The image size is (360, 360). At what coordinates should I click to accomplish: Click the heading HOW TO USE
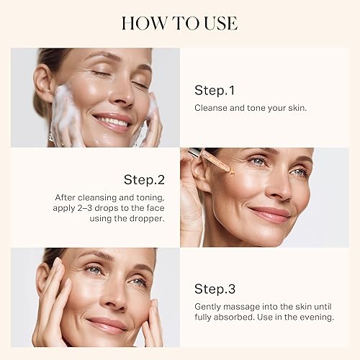coord(179,23)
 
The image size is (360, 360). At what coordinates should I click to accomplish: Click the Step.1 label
coord(215,90)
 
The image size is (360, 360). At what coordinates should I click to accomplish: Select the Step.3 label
coord(215,289)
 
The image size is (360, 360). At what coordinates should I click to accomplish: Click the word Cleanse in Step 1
coord(210,107)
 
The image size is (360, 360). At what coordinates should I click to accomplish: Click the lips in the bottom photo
coord(109,325)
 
